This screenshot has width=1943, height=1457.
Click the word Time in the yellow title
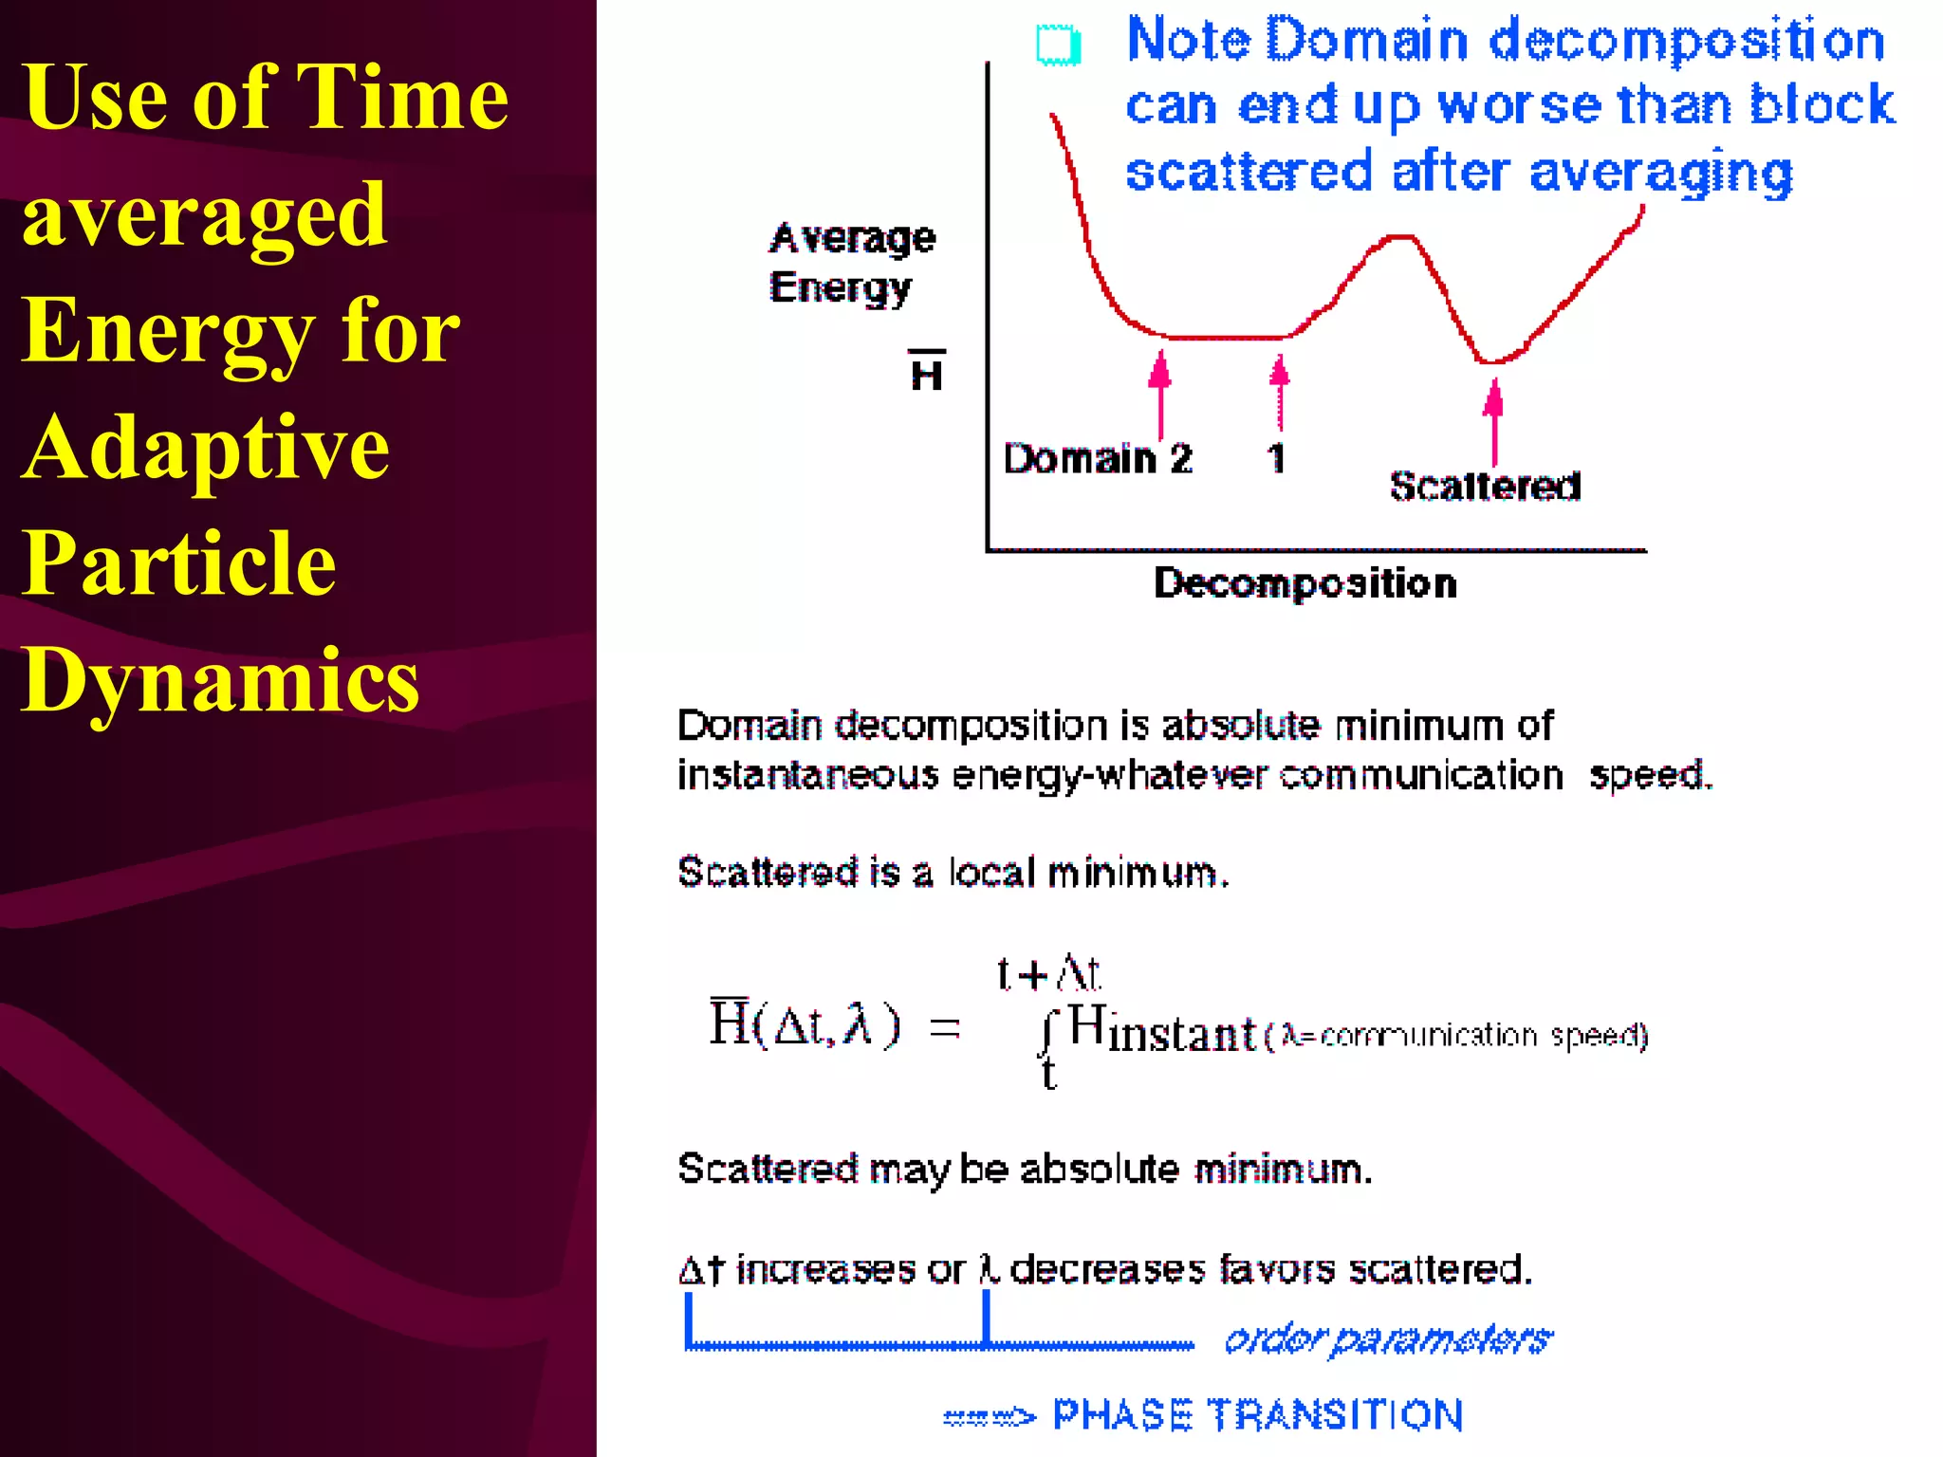402,98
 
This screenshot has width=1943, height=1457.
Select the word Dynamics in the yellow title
220,681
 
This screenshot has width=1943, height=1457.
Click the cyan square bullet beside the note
1058,45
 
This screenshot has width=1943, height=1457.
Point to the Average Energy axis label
850,263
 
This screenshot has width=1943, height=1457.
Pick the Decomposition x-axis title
1305,583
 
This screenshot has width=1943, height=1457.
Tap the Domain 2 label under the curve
1098,459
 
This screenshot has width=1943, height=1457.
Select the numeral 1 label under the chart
1277,459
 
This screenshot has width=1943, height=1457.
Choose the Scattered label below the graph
1485,486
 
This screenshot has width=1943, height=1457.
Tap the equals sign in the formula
944,1028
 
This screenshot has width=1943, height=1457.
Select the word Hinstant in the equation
1162,1030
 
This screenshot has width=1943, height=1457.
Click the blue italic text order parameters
1388,1339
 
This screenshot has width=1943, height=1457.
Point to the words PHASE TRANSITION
1258,1415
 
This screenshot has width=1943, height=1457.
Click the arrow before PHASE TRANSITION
989,1417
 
